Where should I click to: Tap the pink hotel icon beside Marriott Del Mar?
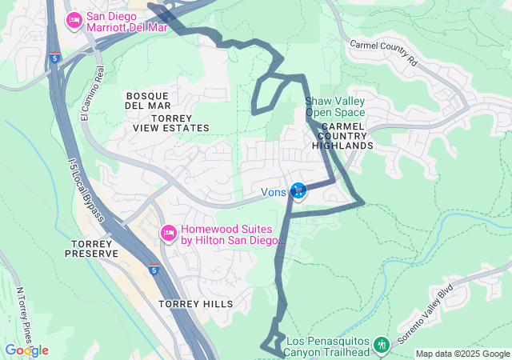(x=74, y=20)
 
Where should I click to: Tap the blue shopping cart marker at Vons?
(x=298, y=190)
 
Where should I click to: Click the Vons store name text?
(x=274, y=192)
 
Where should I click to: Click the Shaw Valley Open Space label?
(x=335, y=106)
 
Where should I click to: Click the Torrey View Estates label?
(x=170, y=122)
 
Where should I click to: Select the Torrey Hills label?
(x=195, y=304)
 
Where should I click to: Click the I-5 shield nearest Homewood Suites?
(x=152, y=270)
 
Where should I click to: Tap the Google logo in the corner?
(x=26, y=350)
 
